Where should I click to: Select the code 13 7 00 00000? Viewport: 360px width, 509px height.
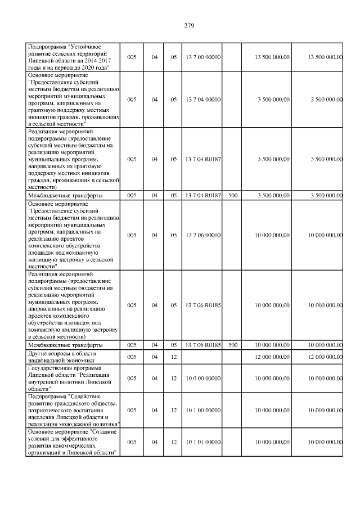(202, 57)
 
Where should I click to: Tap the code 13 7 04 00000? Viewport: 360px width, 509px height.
(202, 99)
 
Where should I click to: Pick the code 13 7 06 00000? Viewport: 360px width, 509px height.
(202, 235)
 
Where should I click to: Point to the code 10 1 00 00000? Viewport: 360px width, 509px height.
(202, 410)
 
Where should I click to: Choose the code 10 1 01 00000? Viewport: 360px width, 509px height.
(202, 442)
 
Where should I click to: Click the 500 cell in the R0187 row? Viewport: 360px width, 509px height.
(233, 195)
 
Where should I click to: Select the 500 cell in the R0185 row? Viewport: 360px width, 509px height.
(233, 344)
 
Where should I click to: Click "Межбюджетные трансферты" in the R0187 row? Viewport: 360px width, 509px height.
(65, 195)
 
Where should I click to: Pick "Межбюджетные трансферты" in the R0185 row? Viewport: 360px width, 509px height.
(65, 344)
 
